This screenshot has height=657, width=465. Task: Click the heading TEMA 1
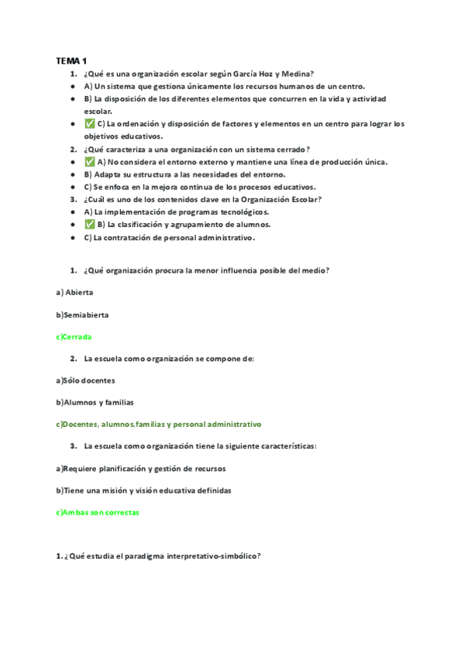72,60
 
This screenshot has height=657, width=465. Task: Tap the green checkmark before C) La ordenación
90,124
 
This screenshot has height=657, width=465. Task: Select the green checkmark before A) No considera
90,161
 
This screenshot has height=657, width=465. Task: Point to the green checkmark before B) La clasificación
90,224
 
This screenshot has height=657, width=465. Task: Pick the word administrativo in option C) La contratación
224,238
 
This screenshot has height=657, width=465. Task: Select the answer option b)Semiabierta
82,315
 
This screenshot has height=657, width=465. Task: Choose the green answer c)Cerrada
74,337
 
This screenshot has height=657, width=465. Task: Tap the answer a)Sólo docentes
86,380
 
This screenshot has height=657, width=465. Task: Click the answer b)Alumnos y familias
95,402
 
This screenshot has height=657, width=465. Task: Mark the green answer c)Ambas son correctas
98,512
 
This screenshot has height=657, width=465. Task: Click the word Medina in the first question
295,74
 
